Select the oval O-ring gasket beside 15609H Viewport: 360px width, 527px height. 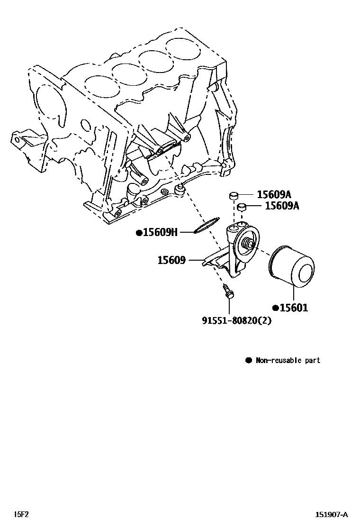[x=208, y=225]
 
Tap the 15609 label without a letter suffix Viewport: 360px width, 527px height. [x=171, y=260]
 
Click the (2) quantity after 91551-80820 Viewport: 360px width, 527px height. [x=265, y=320]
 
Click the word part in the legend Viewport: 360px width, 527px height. [x=312, y=360]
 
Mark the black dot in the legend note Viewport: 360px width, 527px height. [x=248, y=360]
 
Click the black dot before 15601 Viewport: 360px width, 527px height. [x=275, y=308]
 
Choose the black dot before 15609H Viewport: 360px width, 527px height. [x=139, y=232]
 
